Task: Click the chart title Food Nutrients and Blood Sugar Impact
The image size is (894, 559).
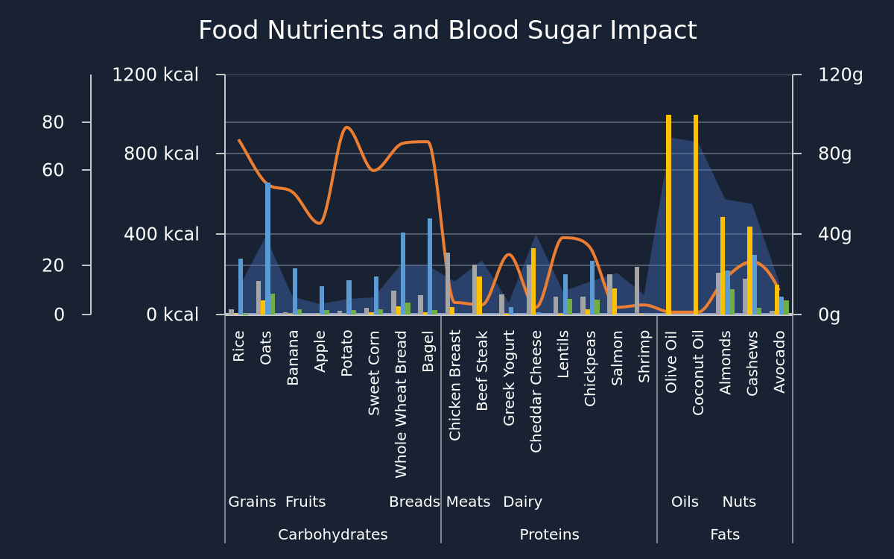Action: coord(448,31)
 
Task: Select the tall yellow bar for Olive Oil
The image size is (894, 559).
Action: coord(668,215)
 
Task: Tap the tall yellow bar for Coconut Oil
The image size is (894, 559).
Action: coord(696,215)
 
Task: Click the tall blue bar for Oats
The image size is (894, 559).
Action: coord(267,248)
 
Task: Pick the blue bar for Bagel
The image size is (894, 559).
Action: coord(430,266)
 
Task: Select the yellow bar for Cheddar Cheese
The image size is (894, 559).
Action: coord(533,281)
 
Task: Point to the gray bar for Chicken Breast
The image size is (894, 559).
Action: coord(448,283)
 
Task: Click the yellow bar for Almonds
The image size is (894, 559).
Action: coord(723,265)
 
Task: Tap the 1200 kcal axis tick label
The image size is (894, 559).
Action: coord(155,75)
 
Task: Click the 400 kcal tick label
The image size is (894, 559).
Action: coord(161,234)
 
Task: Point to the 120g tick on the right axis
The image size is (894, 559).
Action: coord(840,75)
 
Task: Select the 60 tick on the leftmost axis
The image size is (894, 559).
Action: coord(53,170)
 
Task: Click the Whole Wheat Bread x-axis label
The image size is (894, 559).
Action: coord(401,404)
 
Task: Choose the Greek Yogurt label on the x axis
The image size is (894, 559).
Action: coord(508,378)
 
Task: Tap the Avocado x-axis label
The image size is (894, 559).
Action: coord(779,361)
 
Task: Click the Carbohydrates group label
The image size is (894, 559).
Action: coord(333,534)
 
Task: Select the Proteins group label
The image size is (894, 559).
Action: coord(549,534)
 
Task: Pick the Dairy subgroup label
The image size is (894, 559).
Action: coord(523,502)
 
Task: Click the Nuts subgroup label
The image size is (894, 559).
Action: coord(739,502)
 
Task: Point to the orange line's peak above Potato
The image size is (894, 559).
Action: coord(347,127)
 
